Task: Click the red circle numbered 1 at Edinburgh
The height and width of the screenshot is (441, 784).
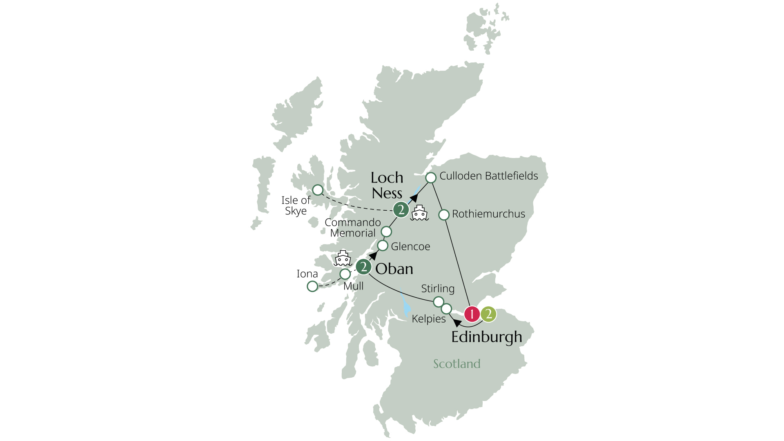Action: (472, 314)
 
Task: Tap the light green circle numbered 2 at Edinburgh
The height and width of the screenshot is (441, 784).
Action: (488, 314)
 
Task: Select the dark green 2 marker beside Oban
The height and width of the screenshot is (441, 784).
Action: (363, 267)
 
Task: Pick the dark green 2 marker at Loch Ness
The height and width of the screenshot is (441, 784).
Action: (401, 210)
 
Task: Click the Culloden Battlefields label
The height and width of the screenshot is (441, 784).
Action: (488, 176)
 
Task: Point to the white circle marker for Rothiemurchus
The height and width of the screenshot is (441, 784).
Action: (444, 214)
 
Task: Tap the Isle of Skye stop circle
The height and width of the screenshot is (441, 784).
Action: (318, 190)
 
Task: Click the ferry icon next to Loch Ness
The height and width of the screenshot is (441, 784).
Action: (419, 213)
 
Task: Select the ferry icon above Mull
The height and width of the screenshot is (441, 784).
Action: (343, 258)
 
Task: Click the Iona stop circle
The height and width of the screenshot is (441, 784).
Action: (312, 286)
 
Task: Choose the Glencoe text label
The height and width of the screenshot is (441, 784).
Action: (410, 247)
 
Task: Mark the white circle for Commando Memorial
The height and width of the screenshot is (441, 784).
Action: (386, 232)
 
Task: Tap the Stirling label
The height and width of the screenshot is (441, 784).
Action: (438, 289)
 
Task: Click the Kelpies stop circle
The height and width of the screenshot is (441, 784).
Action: (447, 308)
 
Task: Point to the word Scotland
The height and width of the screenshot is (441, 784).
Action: (457, 364)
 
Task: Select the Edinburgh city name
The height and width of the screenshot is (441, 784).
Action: (486, 337)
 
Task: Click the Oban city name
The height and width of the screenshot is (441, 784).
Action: (394, 269)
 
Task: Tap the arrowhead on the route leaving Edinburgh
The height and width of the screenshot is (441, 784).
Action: (457, 323)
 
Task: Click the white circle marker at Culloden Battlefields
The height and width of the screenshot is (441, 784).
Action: (431, 178)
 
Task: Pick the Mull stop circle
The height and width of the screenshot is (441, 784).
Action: (345, 274)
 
